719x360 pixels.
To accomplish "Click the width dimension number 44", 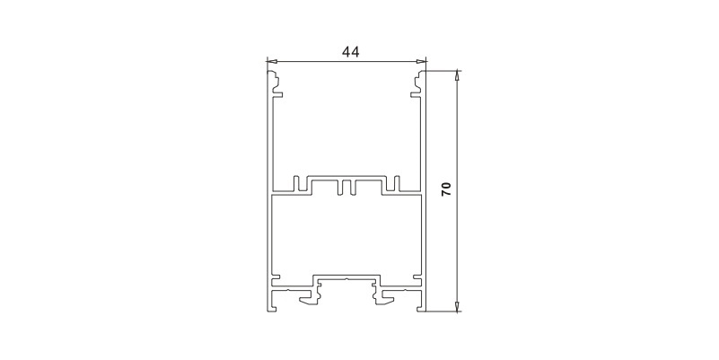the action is [351, 52].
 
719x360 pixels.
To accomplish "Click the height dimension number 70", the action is [446, 189].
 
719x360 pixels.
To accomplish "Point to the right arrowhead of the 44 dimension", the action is [420, 61].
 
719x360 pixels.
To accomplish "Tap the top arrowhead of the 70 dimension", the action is [457, 75].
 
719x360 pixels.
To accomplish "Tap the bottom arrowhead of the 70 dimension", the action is [457, 306].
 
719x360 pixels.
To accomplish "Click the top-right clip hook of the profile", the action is [418, 83].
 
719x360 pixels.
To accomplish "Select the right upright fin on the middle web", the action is [393, 183].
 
